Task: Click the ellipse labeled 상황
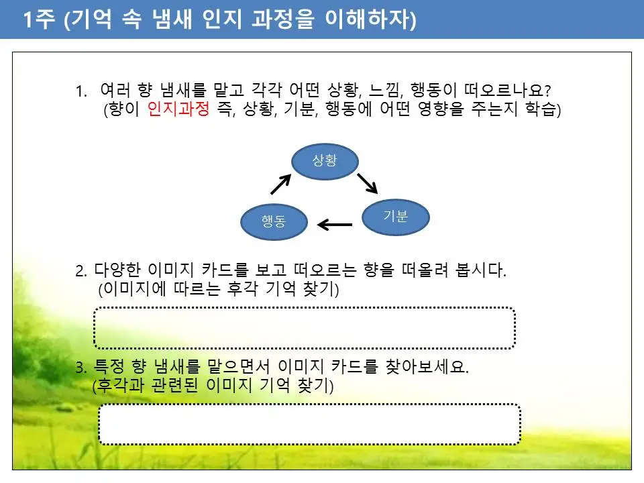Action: point(325,162)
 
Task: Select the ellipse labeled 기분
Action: point(396,216)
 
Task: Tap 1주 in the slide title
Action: point(39,20)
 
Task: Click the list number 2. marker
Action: point(81,271)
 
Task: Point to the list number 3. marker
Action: point(81,368)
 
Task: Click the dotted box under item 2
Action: point(304,328)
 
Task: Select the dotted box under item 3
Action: point(309,424)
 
